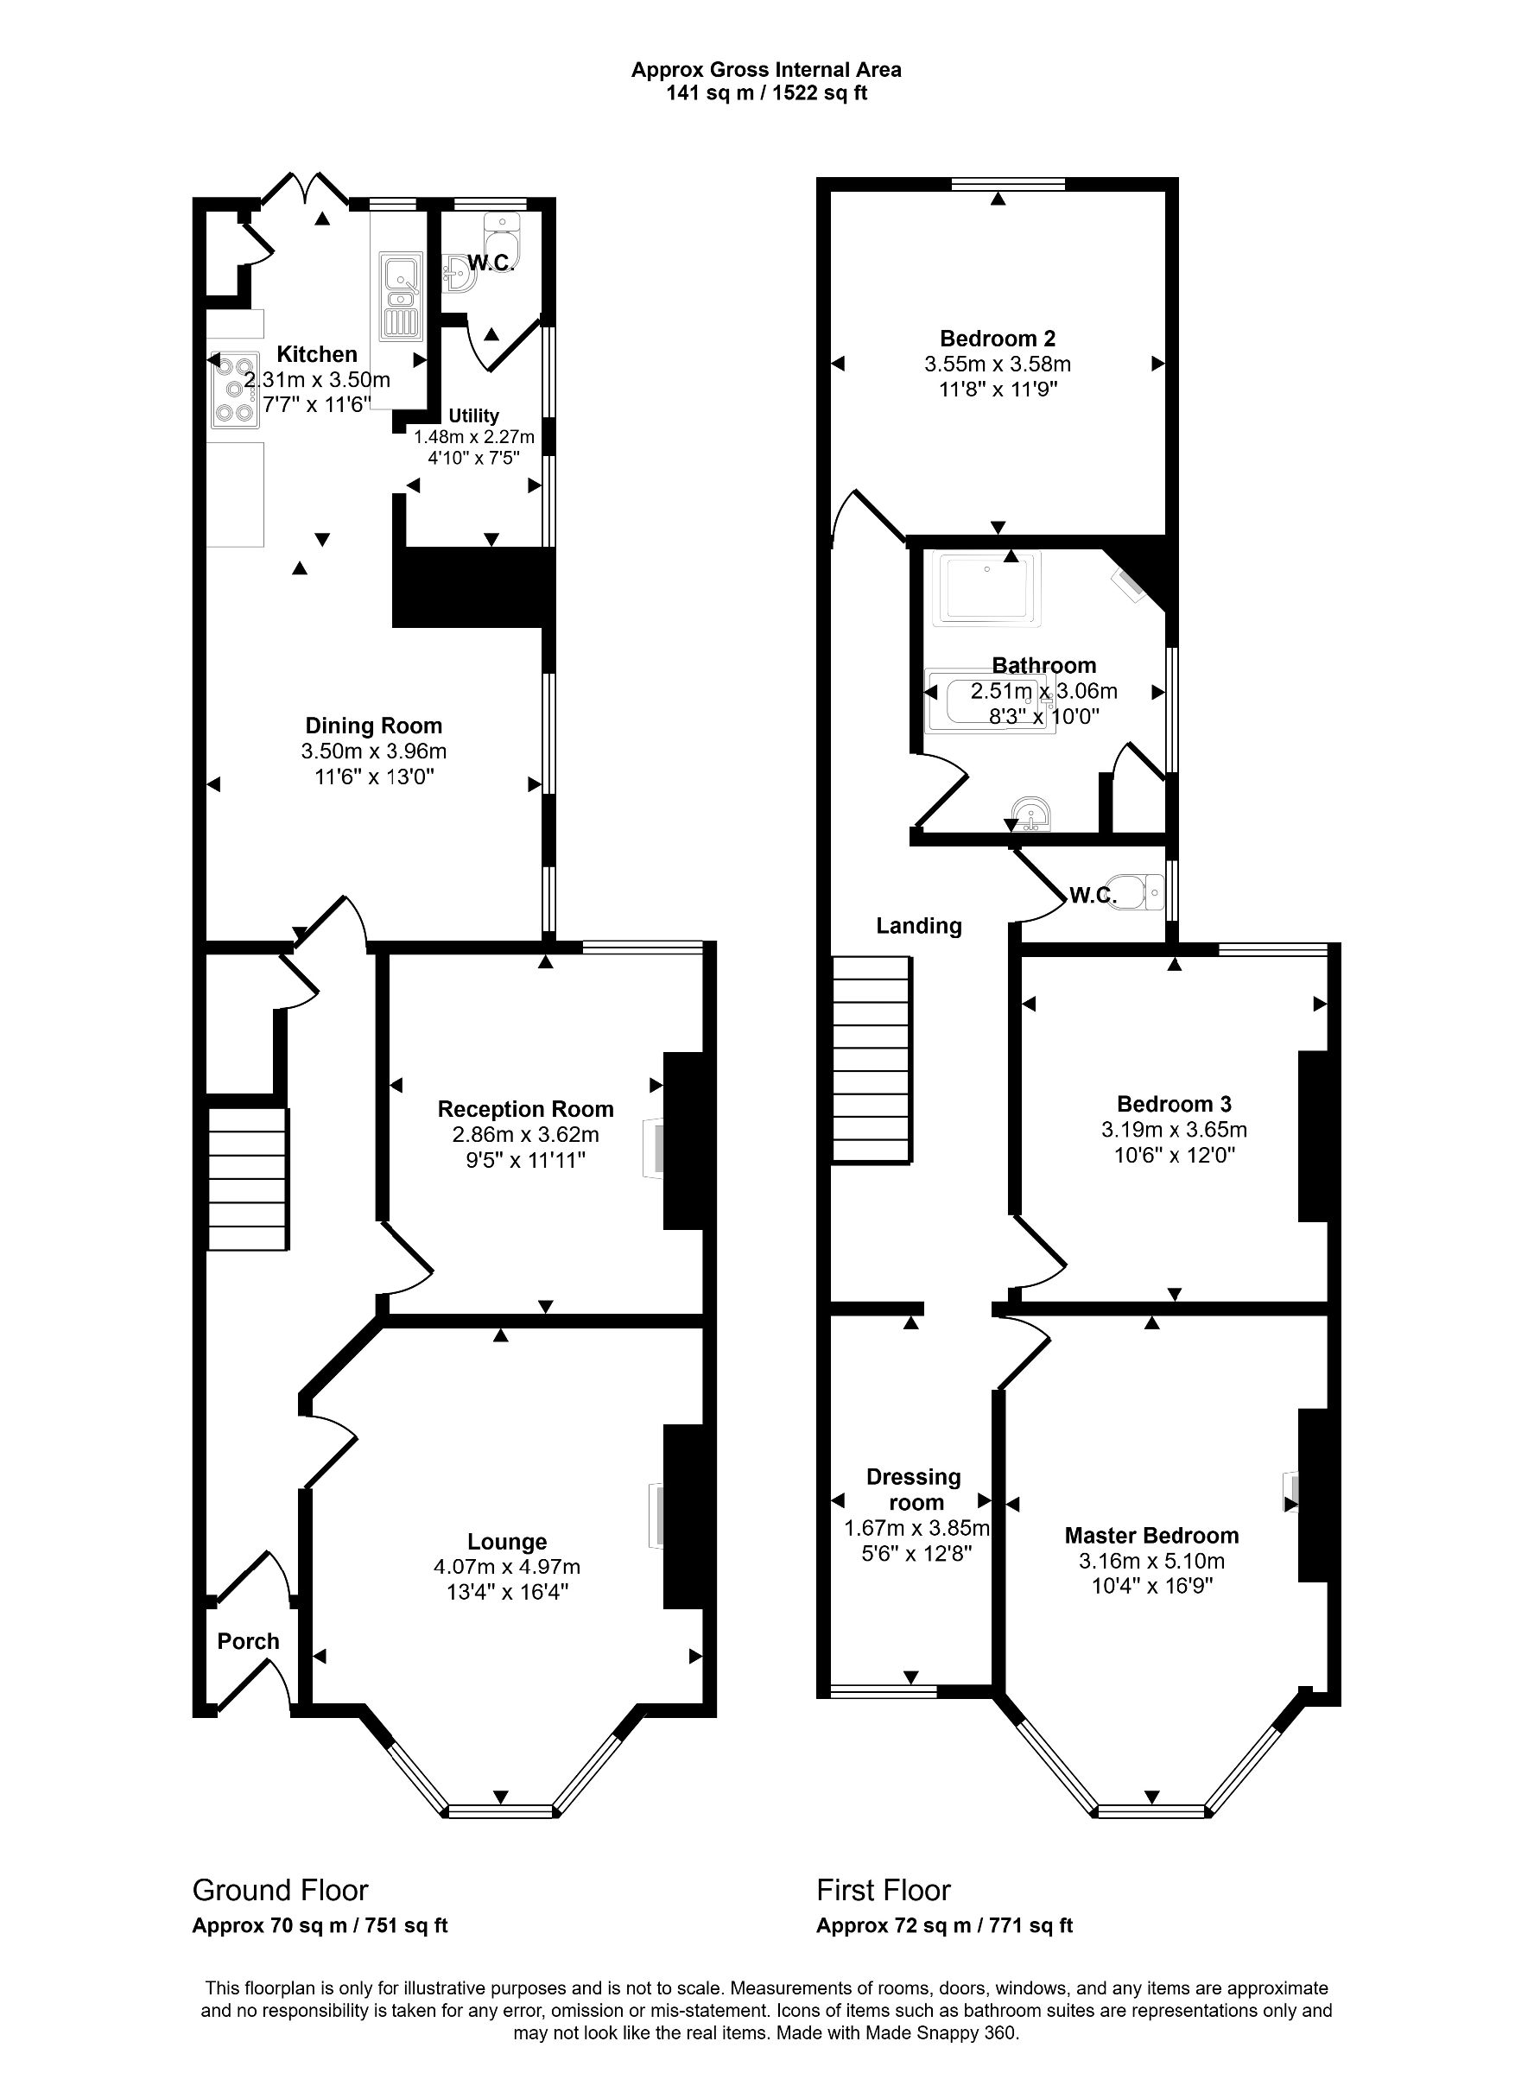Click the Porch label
(248, 1640)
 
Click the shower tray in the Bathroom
(990, 586)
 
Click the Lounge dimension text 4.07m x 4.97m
(506, 1566)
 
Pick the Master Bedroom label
(1151, 1536)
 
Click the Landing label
(918, 926)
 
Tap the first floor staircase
(871, 1059)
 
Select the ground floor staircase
(246, 1179)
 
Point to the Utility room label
(473, 416)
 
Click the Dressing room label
(914, 1489)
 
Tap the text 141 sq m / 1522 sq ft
(766, 92)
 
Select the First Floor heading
(883, 1890)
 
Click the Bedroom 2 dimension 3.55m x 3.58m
(998, 364)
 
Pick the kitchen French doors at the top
(305, 188)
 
